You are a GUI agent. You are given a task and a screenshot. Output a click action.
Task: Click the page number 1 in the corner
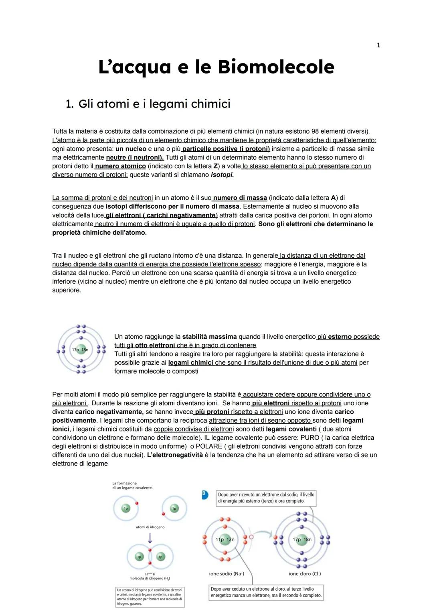pyautogui.click(x=378, y=45)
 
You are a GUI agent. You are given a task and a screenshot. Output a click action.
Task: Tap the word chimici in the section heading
pyautogui.click(x=210, y=104)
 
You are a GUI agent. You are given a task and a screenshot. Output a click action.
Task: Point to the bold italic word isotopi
pyautogui.click(x=222, y=175)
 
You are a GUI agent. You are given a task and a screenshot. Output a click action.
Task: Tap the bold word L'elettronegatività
pyautogui.click(x=175, y=455)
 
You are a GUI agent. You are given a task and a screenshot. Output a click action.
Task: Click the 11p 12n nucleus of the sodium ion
pyautogui.click(x=225, y=539)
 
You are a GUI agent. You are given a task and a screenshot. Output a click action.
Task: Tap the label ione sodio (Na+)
pyautogui.click(x=227, y=573)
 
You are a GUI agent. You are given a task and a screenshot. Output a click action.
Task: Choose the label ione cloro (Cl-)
pyautogui.click(x=305, y=573)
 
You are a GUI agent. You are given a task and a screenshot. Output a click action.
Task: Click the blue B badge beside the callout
pyautogui.click(x=205, y=495)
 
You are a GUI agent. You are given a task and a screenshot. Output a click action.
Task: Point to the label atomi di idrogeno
pyautogui.click(x=150, y=527)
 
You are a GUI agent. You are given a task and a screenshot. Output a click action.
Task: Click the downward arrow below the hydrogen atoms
pyautogui.click(x=150, y=537)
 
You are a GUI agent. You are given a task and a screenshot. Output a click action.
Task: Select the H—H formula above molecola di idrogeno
pyautogui.click(x=150, y=574)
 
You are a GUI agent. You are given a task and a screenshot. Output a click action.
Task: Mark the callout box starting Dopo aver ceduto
pyautogui.click(x=266, y=592)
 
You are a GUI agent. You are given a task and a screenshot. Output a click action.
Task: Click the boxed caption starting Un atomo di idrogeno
pyautogui.click(x=150, y=597)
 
